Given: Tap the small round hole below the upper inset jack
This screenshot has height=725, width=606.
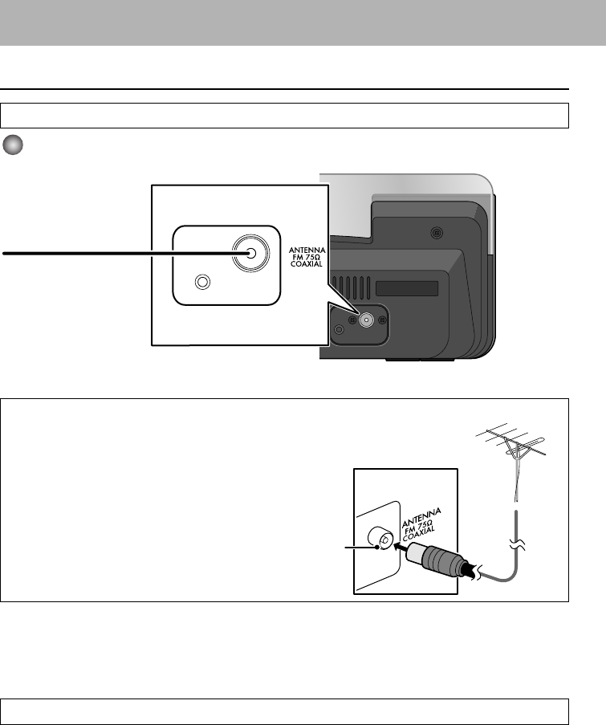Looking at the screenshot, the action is [x=203, y=283].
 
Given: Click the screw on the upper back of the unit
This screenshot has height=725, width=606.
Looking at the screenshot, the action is [x=436, y=233].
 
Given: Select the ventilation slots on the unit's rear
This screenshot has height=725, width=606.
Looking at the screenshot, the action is [x=354, y=287].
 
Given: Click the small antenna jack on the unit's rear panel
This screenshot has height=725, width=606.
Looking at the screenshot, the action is [x=365, y=320].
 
